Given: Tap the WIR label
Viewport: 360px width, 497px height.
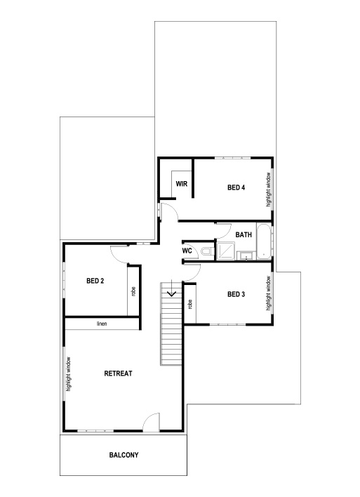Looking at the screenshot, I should pyautogui.click(x=181, y=185).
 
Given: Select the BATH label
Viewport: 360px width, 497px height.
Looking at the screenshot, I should pyautogui.click(x=244, y=234).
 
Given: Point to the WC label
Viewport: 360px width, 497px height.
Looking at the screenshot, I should pyautogui.click(x=187, y=251).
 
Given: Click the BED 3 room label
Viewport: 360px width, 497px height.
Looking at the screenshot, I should pyautogui.click(x=236, y=294).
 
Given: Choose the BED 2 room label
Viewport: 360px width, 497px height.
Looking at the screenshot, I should pyautogui.click(x=95, y=281).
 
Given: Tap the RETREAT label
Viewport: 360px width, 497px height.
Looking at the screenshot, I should pyautogui.click(x=118, y=373).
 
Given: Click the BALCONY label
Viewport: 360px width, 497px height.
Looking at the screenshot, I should pyautogui.click(x=124, y=455).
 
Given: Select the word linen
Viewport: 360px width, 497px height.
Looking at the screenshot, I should pyautogui.click(x=102, y=324).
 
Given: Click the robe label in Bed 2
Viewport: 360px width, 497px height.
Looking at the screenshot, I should pyautogui.click(x=133, y=291).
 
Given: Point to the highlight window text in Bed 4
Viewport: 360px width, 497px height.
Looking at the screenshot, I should pyautogui.click(x=268, y=188).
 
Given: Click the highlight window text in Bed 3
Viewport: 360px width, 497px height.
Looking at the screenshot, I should pyautogui.click(x=268, y=293).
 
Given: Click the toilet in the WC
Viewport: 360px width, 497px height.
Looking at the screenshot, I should pyautogui.click(x=205, y=251).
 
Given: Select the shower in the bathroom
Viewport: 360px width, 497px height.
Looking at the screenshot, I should pyautogui.click(x=226, y=251).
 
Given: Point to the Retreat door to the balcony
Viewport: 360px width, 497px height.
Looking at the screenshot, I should pyautogui.click(x=151, y=423).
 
